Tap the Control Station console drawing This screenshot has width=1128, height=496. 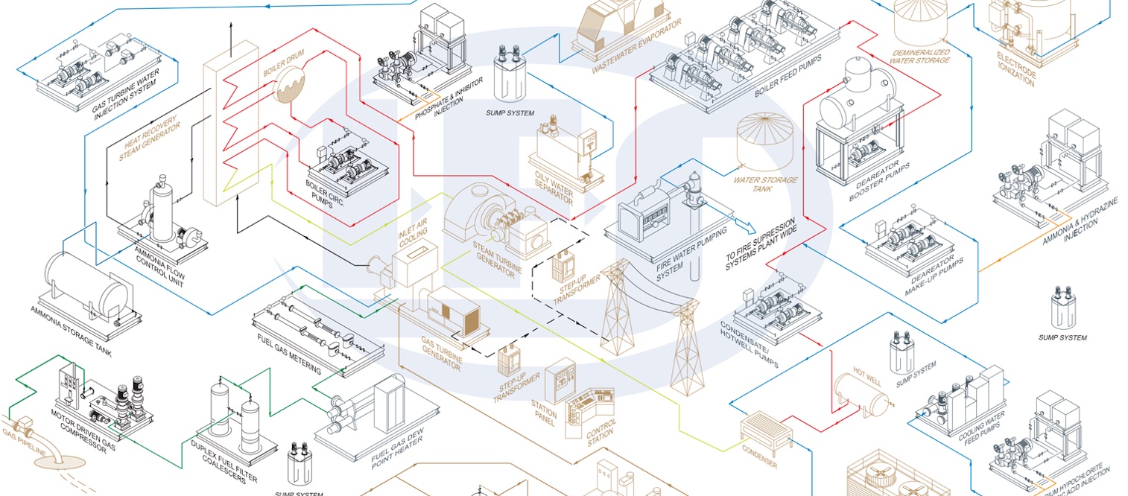pyautogui.click(x=589, y=413)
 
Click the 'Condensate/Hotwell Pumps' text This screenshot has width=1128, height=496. pyautogui.click(x=750, y=344)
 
